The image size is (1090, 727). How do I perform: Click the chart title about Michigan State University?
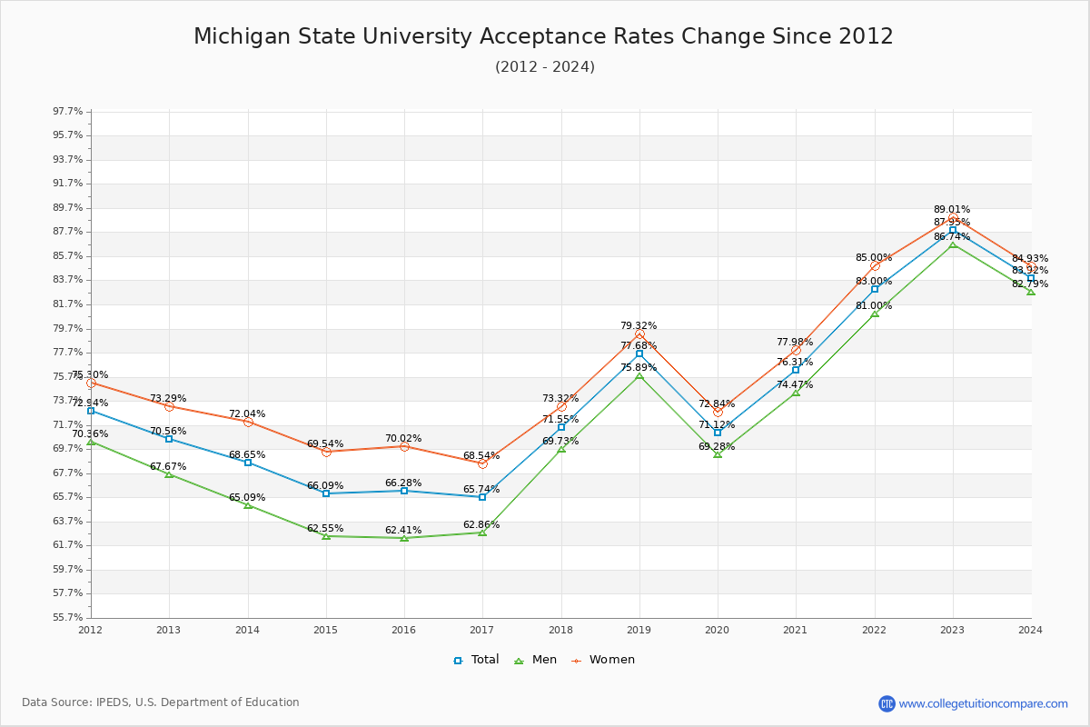(x=543, y=36)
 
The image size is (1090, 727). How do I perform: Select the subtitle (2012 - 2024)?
(x=545, y=67)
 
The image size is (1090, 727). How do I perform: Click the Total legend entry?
(x=477, y=660)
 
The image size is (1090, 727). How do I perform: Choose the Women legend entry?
(x=603, y=660)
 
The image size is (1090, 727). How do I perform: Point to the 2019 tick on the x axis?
(x=639, y=629)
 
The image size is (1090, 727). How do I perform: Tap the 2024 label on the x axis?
(x=1030, y=629)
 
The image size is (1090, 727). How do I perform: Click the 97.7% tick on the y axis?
(x=68, y=112)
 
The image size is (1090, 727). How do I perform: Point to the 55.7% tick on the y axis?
(x=68, y=617)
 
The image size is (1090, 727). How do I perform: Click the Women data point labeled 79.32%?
(x=639, y=334)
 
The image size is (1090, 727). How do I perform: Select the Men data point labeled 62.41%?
(x=404, y=538)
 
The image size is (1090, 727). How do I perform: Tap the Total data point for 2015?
(x=326, y=493)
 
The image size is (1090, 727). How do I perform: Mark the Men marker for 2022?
(x=875, y=314)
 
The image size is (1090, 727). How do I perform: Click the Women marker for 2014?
(x=248, y=422)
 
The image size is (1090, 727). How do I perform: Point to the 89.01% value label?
(x=952, y=209)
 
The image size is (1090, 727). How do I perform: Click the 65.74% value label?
(x=481, y=489)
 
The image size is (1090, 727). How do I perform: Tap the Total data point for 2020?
(x=718, y=433)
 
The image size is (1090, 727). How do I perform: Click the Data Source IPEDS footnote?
(x=161, y=702)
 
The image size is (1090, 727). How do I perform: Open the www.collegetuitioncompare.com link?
(x=983, y=703)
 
